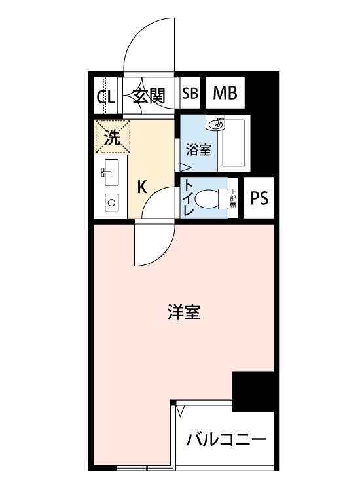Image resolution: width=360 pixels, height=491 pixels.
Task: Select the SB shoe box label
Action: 190,93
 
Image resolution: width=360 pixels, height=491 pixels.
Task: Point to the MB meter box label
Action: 225,92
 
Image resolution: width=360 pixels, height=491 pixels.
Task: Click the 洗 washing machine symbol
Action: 113,138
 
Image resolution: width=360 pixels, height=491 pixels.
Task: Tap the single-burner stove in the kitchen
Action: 111,203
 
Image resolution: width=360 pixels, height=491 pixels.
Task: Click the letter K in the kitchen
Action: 141,187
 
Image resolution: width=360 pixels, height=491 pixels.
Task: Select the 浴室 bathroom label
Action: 198,149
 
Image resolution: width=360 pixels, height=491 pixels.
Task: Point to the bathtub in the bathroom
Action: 235,142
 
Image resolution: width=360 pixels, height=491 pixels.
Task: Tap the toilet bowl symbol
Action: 210,198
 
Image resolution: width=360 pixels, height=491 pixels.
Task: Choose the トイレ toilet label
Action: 188,198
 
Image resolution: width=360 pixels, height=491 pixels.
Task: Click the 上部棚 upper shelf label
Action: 232,198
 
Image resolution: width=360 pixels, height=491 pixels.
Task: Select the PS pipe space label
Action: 259,198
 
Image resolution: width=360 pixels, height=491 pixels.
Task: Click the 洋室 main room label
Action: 183,312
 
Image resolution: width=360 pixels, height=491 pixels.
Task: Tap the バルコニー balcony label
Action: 225,438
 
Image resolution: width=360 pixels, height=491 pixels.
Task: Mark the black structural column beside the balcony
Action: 253,391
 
